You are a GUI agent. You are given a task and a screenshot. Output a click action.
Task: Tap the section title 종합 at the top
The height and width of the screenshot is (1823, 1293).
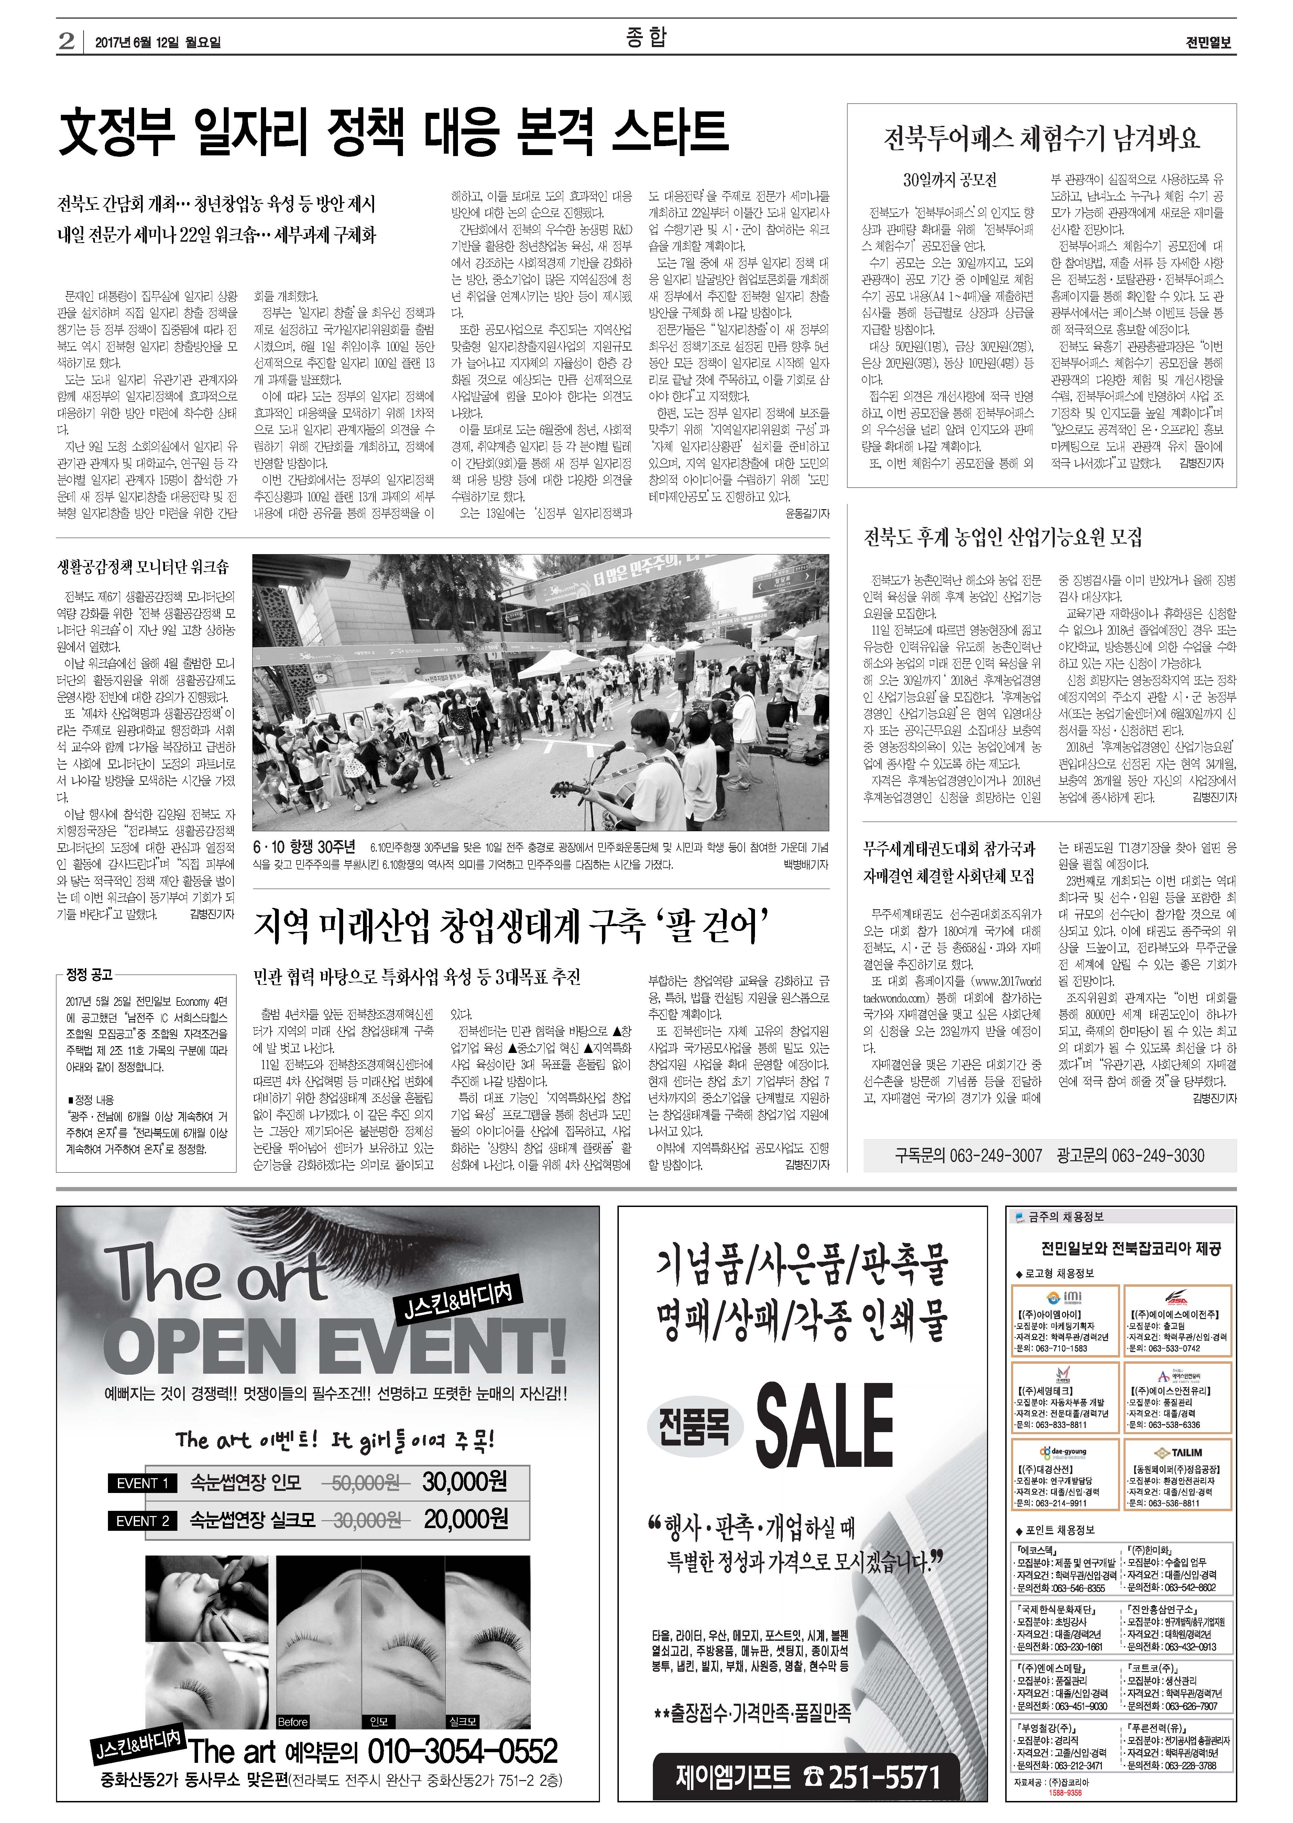tap(646, 37)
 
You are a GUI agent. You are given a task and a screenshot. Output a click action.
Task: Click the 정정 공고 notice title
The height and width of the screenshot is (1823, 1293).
tap(89, 974)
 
